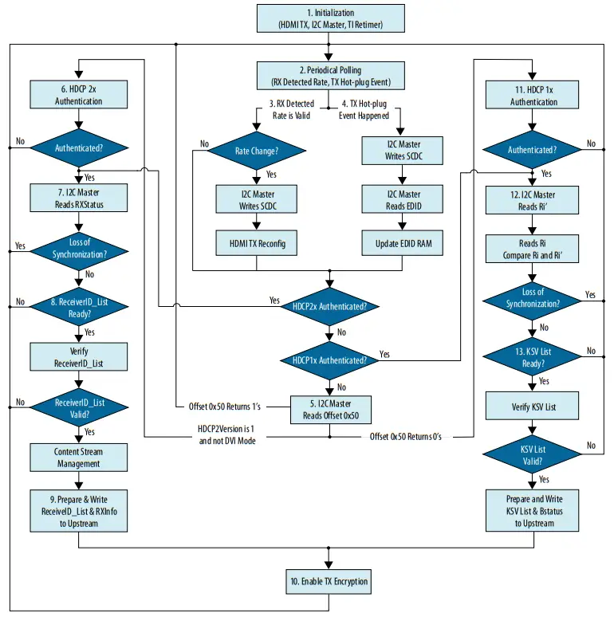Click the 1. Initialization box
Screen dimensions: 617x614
(330, 19)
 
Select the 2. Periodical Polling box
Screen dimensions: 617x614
(330, 76)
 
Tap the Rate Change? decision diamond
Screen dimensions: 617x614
(256, 150)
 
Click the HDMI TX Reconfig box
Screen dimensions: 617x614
(256, 242)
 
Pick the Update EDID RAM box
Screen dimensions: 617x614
(403, 242)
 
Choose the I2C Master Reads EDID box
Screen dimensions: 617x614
(403, 199)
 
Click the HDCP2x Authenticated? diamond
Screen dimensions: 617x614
(330, 306)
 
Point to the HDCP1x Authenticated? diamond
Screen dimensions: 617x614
(330, 360)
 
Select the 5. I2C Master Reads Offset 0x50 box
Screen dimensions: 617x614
(330, 410)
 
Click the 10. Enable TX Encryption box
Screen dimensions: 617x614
(330, 581)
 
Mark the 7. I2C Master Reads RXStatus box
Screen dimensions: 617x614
(78, 198)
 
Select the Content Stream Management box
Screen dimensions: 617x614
(78, 458)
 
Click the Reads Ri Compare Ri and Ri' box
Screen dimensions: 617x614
(533, 249)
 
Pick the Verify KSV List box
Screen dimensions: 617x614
(533, 407)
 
